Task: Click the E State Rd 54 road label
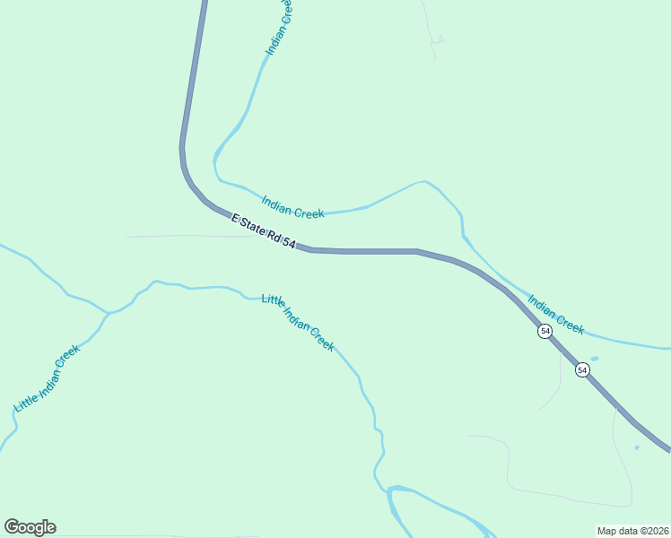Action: coord(264,231)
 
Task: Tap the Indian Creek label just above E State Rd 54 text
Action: coord(292,207)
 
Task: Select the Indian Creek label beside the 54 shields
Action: coord(556,315)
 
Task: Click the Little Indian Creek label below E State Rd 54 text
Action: coord(298,322)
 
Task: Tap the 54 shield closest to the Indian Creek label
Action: coord(545,332)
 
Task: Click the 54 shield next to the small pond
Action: coord(582,369)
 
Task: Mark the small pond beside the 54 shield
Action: coord(595,360)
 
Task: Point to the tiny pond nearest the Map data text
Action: coord(636,447)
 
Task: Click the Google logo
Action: coord(30,527)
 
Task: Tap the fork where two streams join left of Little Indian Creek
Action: coord(108,313)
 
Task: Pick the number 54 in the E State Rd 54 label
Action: coord(289,243)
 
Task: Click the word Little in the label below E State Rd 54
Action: coord(273,302)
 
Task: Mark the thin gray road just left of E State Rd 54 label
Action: coord(179,236)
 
